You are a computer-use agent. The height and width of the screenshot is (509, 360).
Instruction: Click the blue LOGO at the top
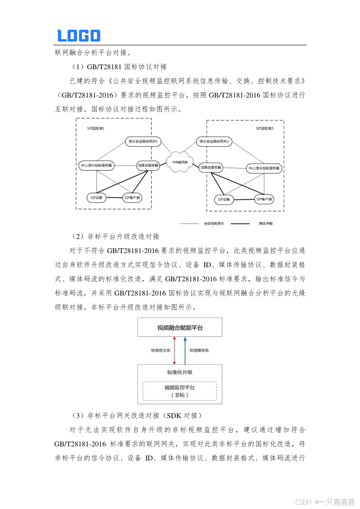click(79, 36)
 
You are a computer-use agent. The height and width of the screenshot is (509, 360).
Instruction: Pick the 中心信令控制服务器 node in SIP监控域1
click(96, 165)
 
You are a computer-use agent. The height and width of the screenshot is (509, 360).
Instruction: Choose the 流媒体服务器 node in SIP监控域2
click(211, 168)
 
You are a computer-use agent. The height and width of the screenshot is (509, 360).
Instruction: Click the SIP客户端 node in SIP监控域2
click(265, 199)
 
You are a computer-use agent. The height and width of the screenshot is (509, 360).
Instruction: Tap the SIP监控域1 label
click(96, 128)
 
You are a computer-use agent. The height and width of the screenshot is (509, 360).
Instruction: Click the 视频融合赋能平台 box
click(180, 327)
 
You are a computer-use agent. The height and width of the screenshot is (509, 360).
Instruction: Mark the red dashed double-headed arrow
click(174, 350)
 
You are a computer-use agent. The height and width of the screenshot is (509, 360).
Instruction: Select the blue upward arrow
click(185, 350)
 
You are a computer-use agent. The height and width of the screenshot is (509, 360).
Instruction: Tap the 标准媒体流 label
click(199, 350)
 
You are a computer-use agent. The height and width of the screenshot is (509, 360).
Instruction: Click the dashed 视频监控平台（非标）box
click(180, 391)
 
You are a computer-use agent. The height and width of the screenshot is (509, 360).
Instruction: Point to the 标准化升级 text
click(180, 372)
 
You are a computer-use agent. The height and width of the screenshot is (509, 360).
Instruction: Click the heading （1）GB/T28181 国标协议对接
click(119, 67)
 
